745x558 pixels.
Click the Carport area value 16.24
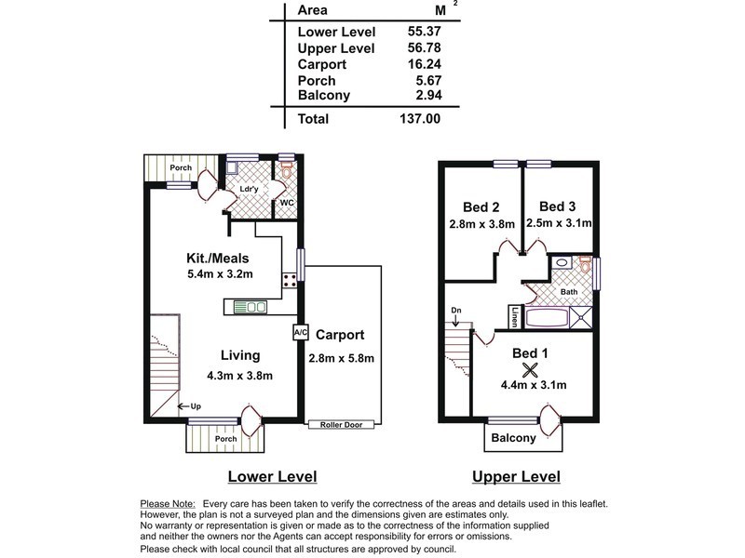(x=425, y=64)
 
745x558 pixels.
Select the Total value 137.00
(x=420, y=119)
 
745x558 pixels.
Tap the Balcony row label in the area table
(x=323, y=95)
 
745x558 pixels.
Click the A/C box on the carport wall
(x=300, y=333)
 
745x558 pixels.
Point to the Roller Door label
(x=341, y=425)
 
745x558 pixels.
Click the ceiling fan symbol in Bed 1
(x=530, y=369)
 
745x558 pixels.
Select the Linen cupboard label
(x=515, y=317)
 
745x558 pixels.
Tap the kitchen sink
(x=250, y=307)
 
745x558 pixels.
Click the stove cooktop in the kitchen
(x=290, y=280)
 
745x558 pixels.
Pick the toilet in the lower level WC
(x=287, y=169)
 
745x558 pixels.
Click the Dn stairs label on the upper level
(x=456, y=311)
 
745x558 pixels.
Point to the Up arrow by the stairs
(x=183, y=406)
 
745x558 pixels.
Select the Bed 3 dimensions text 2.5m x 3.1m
(x=559, y=223)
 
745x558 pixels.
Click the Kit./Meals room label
(x=218, y=259)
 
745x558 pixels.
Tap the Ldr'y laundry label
(x=249, y=189)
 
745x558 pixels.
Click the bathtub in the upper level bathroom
(x=547, y=318)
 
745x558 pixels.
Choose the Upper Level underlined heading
(x=517, y=476)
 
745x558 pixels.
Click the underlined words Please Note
(x=168, y=504)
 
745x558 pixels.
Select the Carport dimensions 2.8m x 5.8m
(x=341, y=358)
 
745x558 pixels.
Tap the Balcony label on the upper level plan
(x=514, y=437)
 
